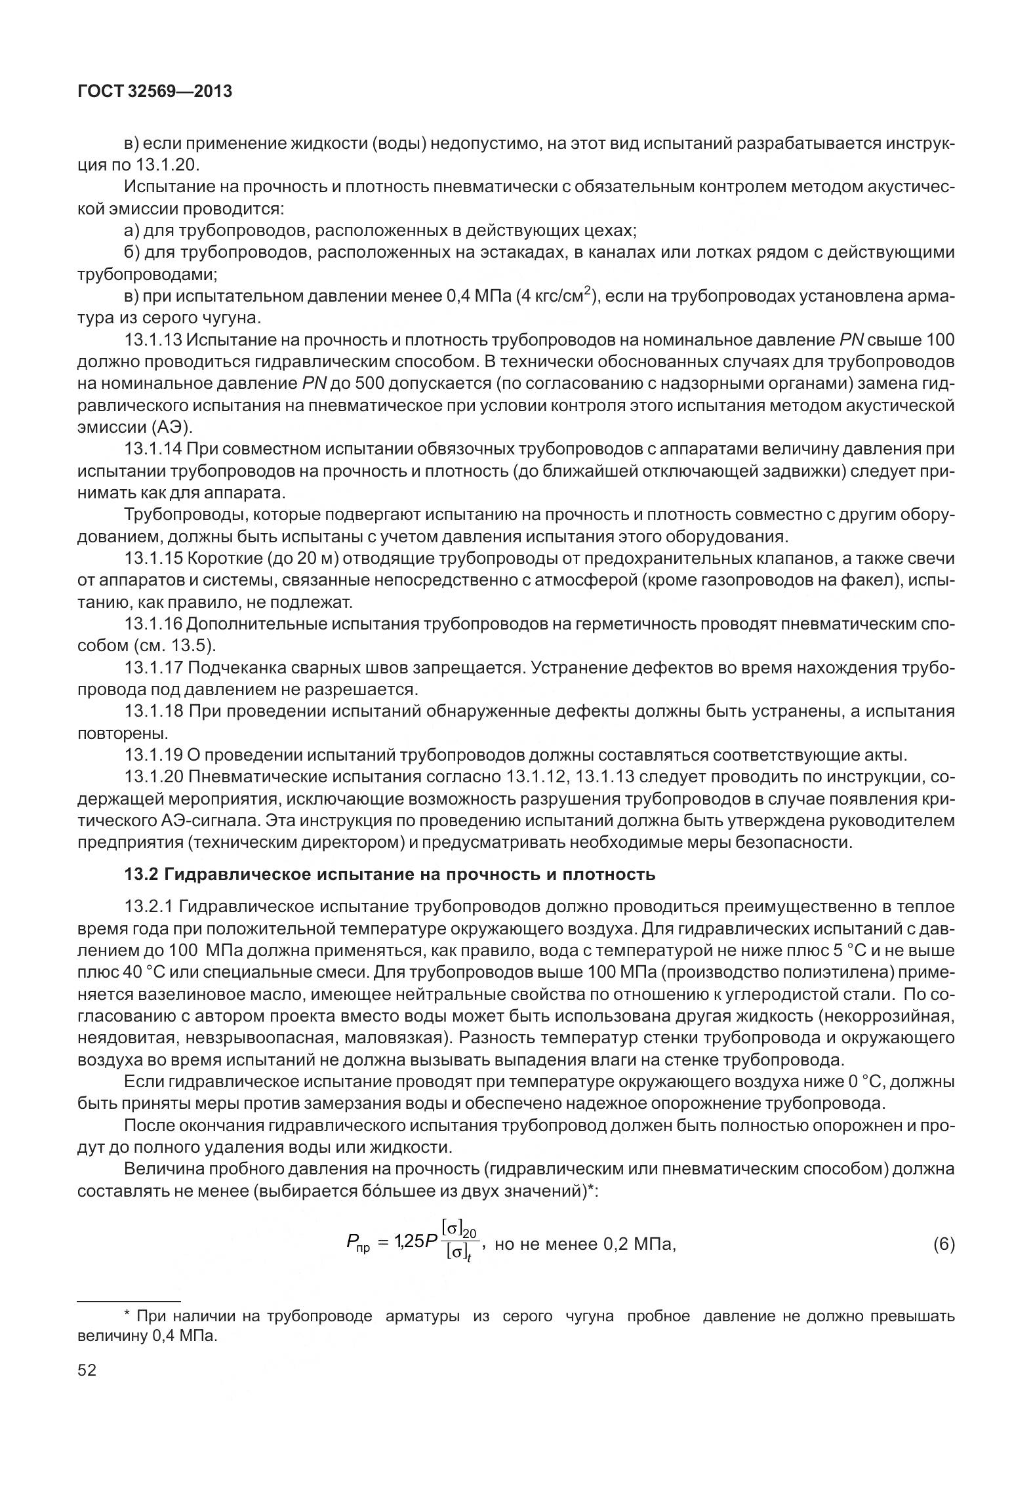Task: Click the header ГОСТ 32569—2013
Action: tap(155, 92)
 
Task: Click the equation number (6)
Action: tap(943, 1244)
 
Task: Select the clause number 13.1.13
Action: tap(154, 340)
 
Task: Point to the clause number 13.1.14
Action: tap(154, 449)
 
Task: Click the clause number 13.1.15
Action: tap(154, 559)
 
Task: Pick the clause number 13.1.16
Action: tap(154, 624)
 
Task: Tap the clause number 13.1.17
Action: tap(154, 668)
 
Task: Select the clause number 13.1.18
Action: tap(154, 711)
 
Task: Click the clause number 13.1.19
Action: tap(154, 755)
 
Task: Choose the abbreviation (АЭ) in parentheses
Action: tap(172, 428)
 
